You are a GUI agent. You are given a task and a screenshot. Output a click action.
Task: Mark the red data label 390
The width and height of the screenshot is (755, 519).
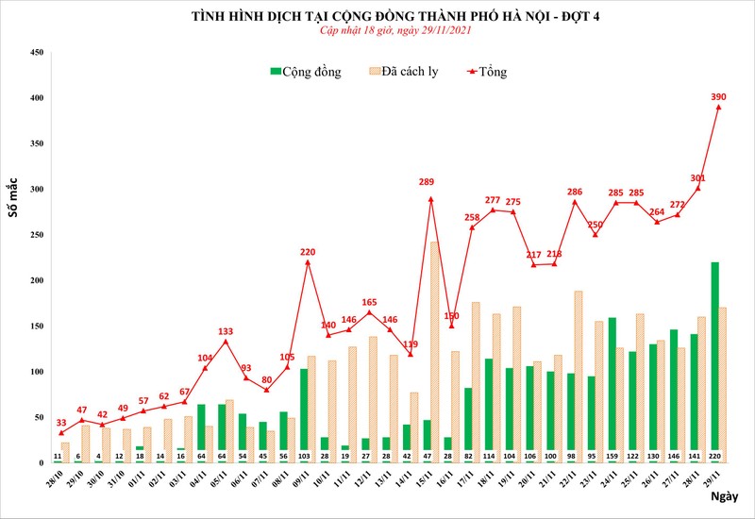(718, 96)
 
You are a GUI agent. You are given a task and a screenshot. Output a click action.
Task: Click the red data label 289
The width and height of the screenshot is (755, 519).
(427, 182)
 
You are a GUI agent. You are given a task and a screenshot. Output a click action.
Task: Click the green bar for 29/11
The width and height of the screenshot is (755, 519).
(714, 359)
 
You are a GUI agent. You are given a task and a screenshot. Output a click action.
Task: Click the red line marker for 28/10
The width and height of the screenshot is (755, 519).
(61, 433)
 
